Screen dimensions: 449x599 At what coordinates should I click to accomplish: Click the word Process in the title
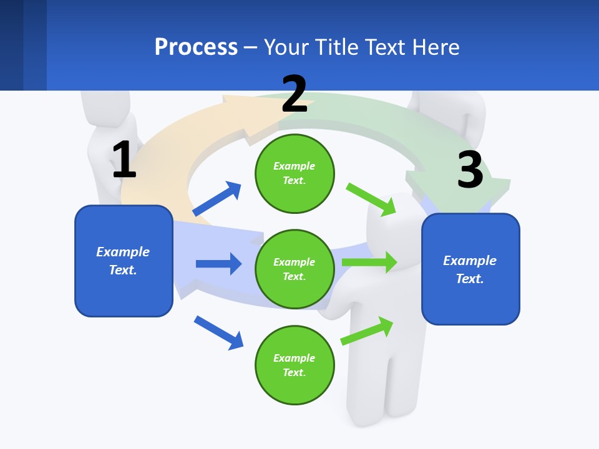pyautogui.click(x=196, y=47)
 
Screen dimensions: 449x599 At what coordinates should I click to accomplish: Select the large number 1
pyautogui.click(x=124, y=160)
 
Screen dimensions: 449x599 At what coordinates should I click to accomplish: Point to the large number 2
pyautogui.click(x=295, y=94)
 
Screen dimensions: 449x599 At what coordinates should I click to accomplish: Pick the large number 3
pyautogui.click(x=470, y=170)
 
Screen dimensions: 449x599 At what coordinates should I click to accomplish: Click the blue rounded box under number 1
pyautogui.click(x=124, y=261)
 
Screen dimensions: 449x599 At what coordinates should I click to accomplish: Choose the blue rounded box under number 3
pyautogui.click(x=470, y=269)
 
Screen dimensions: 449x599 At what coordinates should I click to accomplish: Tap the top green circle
pyautogui.click(x=295, y=173)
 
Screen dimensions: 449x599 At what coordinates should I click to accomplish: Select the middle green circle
pyautogui.click(x=295, y=269)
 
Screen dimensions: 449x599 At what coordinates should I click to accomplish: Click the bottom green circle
pyautogui.click(x=295, y=365)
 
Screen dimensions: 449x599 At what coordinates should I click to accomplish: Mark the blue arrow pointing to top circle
pyautogui.click(x=217, y=198)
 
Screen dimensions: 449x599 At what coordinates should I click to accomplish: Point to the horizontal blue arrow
pyautogui.click(x=218, y=264)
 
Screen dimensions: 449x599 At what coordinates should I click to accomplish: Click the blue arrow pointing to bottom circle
pyautogui.click(x=218, y=332)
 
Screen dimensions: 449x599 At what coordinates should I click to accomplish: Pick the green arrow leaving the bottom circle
pyautogui.click(x=367, y=331)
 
